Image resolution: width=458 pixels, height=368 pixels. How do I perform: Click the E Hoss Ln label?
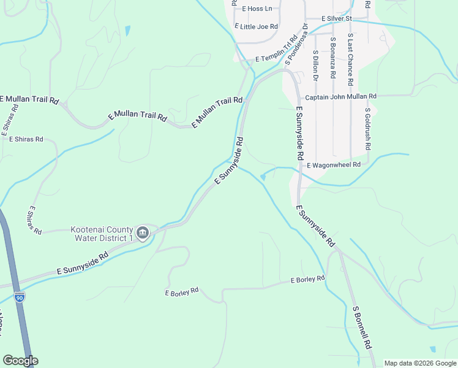point(257,9)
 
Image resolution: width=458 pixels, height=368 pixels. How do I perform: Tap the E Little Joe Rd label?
point(256,27)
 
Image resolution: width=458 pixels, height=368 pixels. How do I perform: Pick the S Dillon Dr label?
point(316,65)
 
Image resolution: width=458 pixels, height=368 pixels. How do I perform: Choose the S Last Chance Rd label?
point(350,59)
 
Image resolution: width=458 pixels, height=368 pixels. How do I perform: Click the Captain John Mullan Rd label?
point(340,96)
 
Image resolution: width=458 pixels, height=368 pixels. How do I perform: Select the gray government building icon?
point(143,232)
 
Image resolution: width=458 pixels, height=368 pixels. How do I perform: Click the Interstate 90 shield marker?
point(20,297)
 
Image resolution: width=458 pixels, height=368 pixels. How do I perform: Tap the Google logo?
point(20,361)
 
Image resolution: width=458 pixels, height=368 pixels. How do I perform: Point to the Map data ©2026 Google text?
point(420,363)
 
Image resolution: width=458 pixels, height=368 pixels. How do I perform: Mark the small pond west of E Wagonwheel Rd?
point(263,177)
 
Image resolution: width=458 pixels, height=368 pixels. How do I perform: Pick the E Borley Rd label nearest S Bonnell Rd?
point(307,280)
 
